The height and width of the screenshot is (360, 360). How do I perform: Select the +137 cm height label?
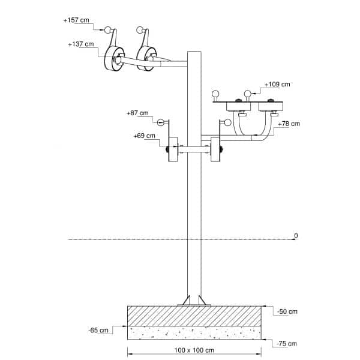point(81,44)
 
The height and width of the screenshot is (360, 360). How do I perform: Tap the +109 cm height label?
point(277,85)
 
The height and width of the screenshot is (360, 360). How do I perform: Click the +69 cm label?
point(145,136)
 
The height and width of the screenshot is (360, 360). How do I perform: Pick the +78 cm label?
point(288,124)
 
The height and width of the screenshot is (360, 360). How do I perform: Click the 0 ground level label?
point(295,235)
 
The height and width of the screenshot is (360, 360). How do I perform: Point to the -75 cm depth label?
point(287,343)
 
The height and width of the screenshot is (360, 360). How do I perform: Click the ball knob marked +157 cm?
point(108,30)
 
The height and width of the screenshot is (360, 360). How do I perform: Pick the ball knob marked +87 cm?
point(161,123)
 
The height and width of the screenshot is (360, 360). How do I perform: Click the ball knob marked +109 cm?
point(247,93)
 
